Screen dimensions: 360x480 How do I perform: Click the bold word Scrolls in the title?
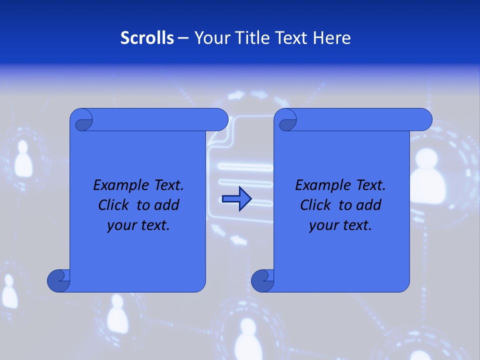coord(147,37)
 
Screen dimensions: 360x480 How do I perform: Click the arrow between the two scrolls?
coord(236,199)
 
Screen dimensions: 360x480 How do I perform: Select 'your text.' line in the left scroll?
coord(138,225)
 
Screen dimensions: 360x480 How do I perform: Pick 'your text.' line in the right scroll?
coord(340,225)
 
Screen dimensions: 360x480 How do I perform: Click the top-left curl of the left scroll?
coord(81,120)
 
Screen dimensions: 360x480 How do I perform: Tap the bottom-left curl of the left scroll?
coord(58,280)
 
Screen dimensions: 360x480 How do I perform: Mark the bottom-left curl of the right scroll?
coord(262,280)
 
